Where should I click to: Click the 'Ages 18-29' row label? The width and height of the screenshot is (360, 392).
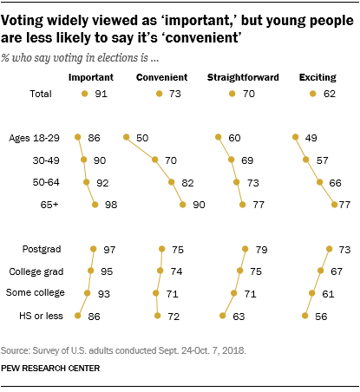pos(34,137)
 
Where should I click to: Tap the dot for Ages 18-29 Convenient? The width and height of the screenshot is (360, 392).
pos(128,137)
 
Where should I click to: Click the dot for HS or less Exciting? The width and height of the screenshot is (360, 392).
pos(304,317)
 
